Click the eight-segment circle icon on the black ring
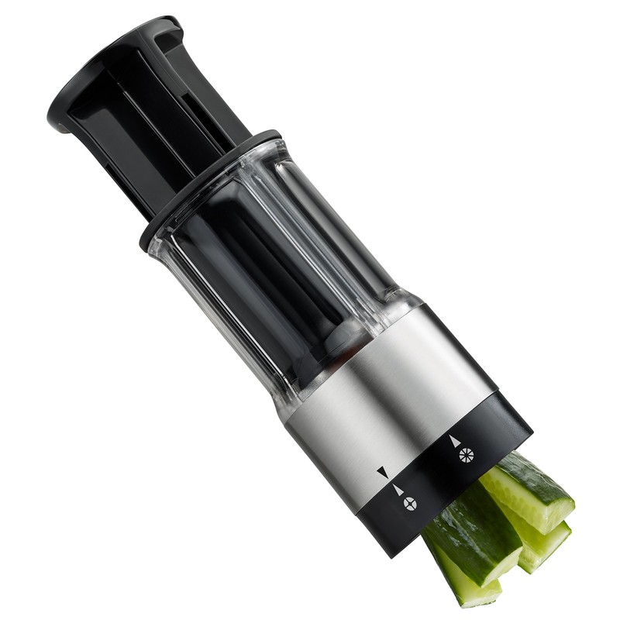(x=465, y=455)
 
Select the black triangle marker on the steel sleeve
(x=382, y=471)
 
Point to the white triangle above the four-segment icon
(x=398, y=489)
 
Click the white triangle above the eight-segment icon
(x=454, y=440)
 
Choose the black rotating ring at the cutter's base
(x=496, y=434)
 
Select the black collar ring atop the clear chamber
(x=209, y=186)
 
